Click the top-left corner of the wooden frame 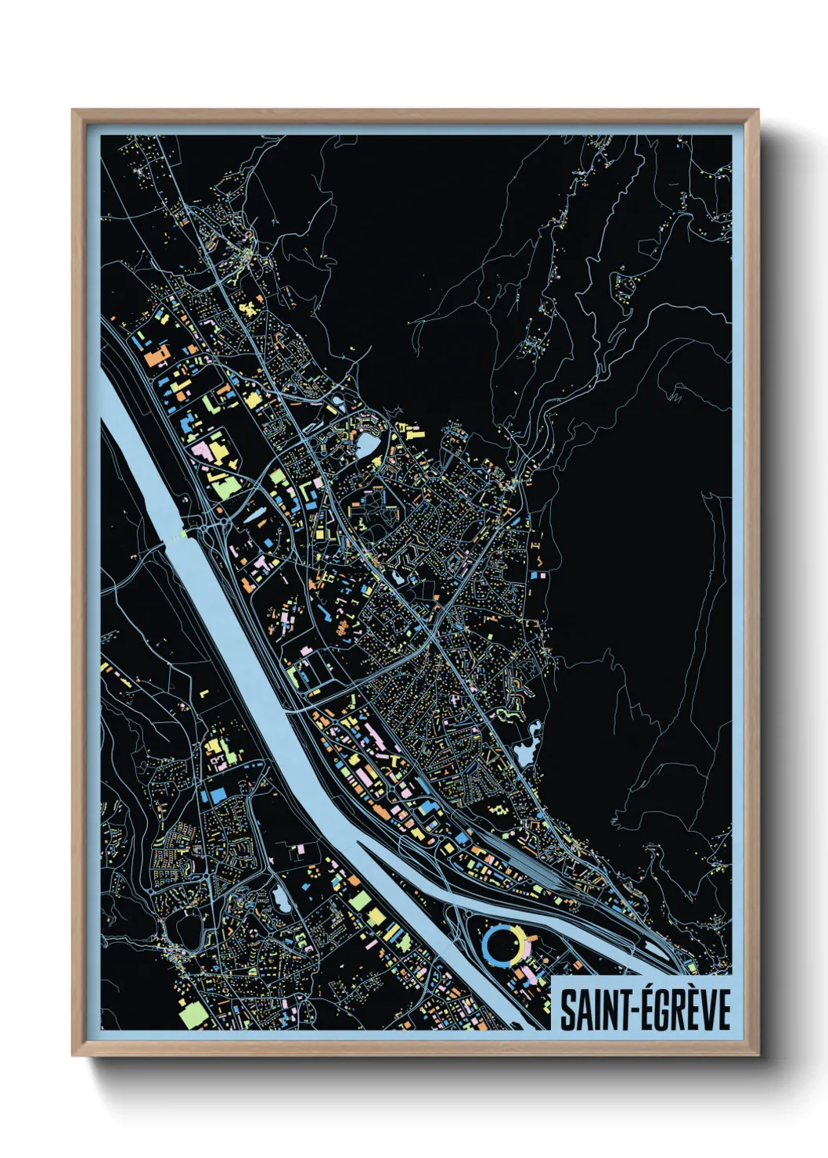[x=73, y=110]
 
